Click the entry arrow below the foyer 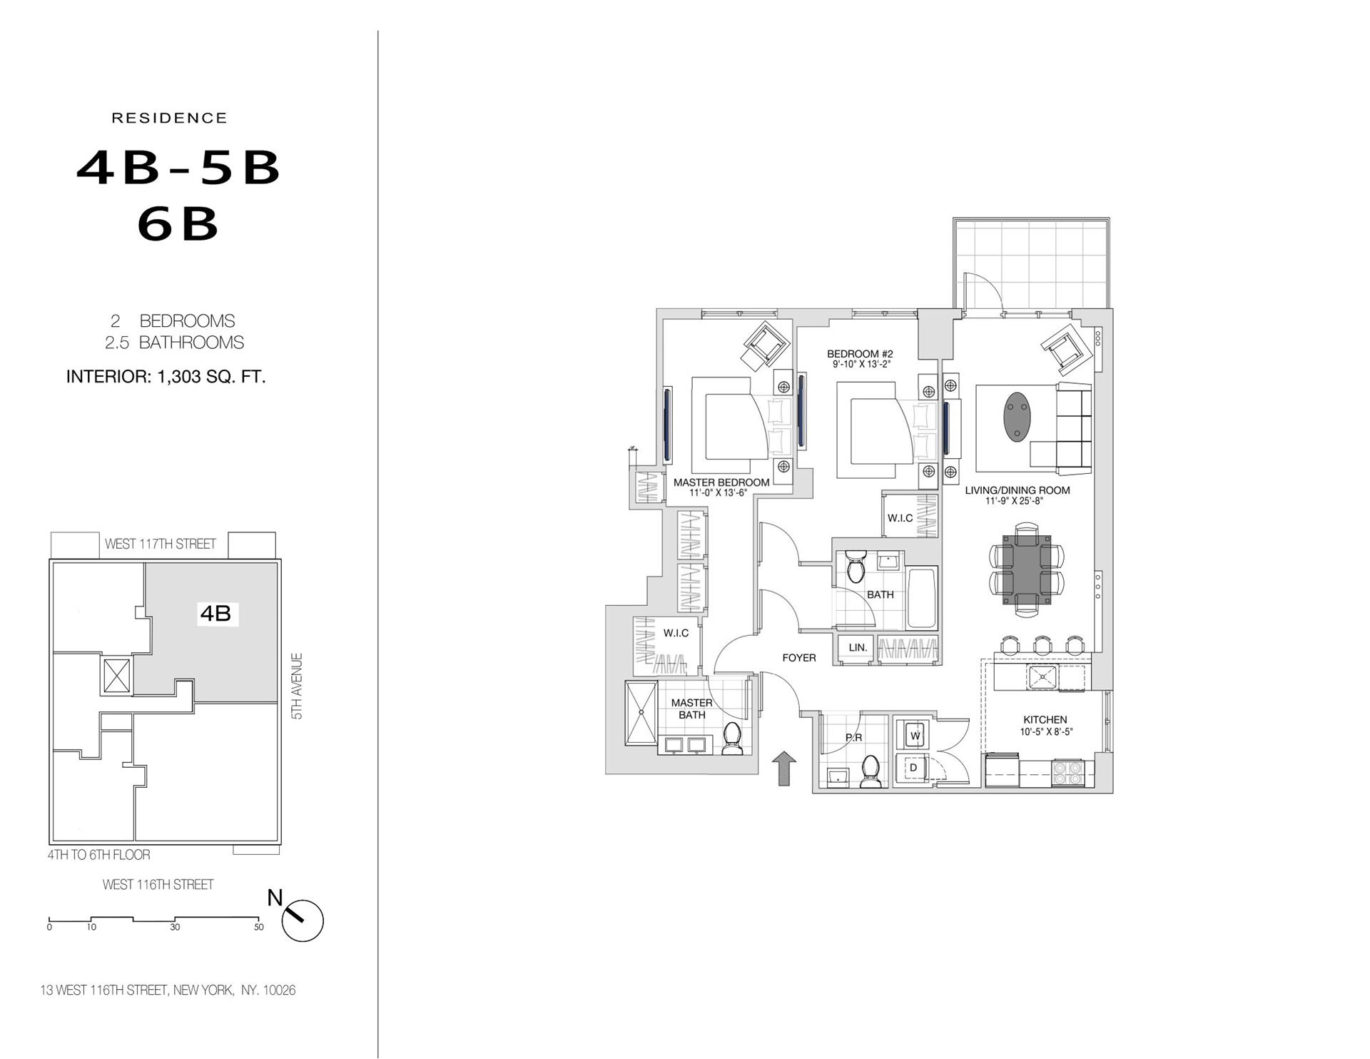(x=784, y=769)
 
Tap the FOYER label (x=798, y=658)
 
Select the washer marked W (x=915, y=735)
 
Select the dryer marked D (x=913, y=768)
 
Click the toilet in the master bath (x=733, y=739)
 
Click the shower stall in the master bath (x=641, y=714)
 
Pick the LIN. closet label (x=858, y=648)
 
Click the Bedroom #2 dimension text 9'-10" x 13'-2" (x=861, y=365)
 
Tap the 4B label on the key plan (x=215, y=613)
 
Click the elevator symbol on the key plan (x=117, y=675)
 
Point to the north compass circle (x=303, y=921)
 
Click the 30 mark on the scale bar (x=175, y=927)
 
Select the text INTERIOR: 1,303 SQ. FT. (x=166, y=377)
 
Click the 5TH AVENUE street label (x=298, y=686)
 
